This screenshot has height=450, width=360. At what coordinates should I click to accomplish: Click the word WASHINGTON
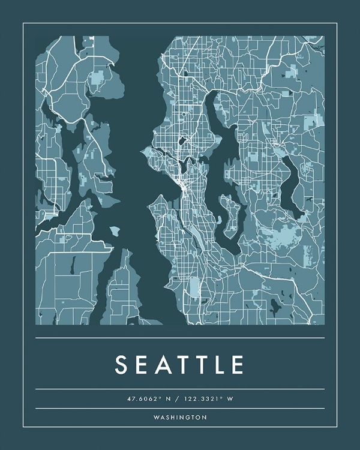[180, 417]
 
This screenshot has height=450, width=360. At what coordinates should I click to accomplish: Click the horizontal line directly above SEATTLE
[180, 338]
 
